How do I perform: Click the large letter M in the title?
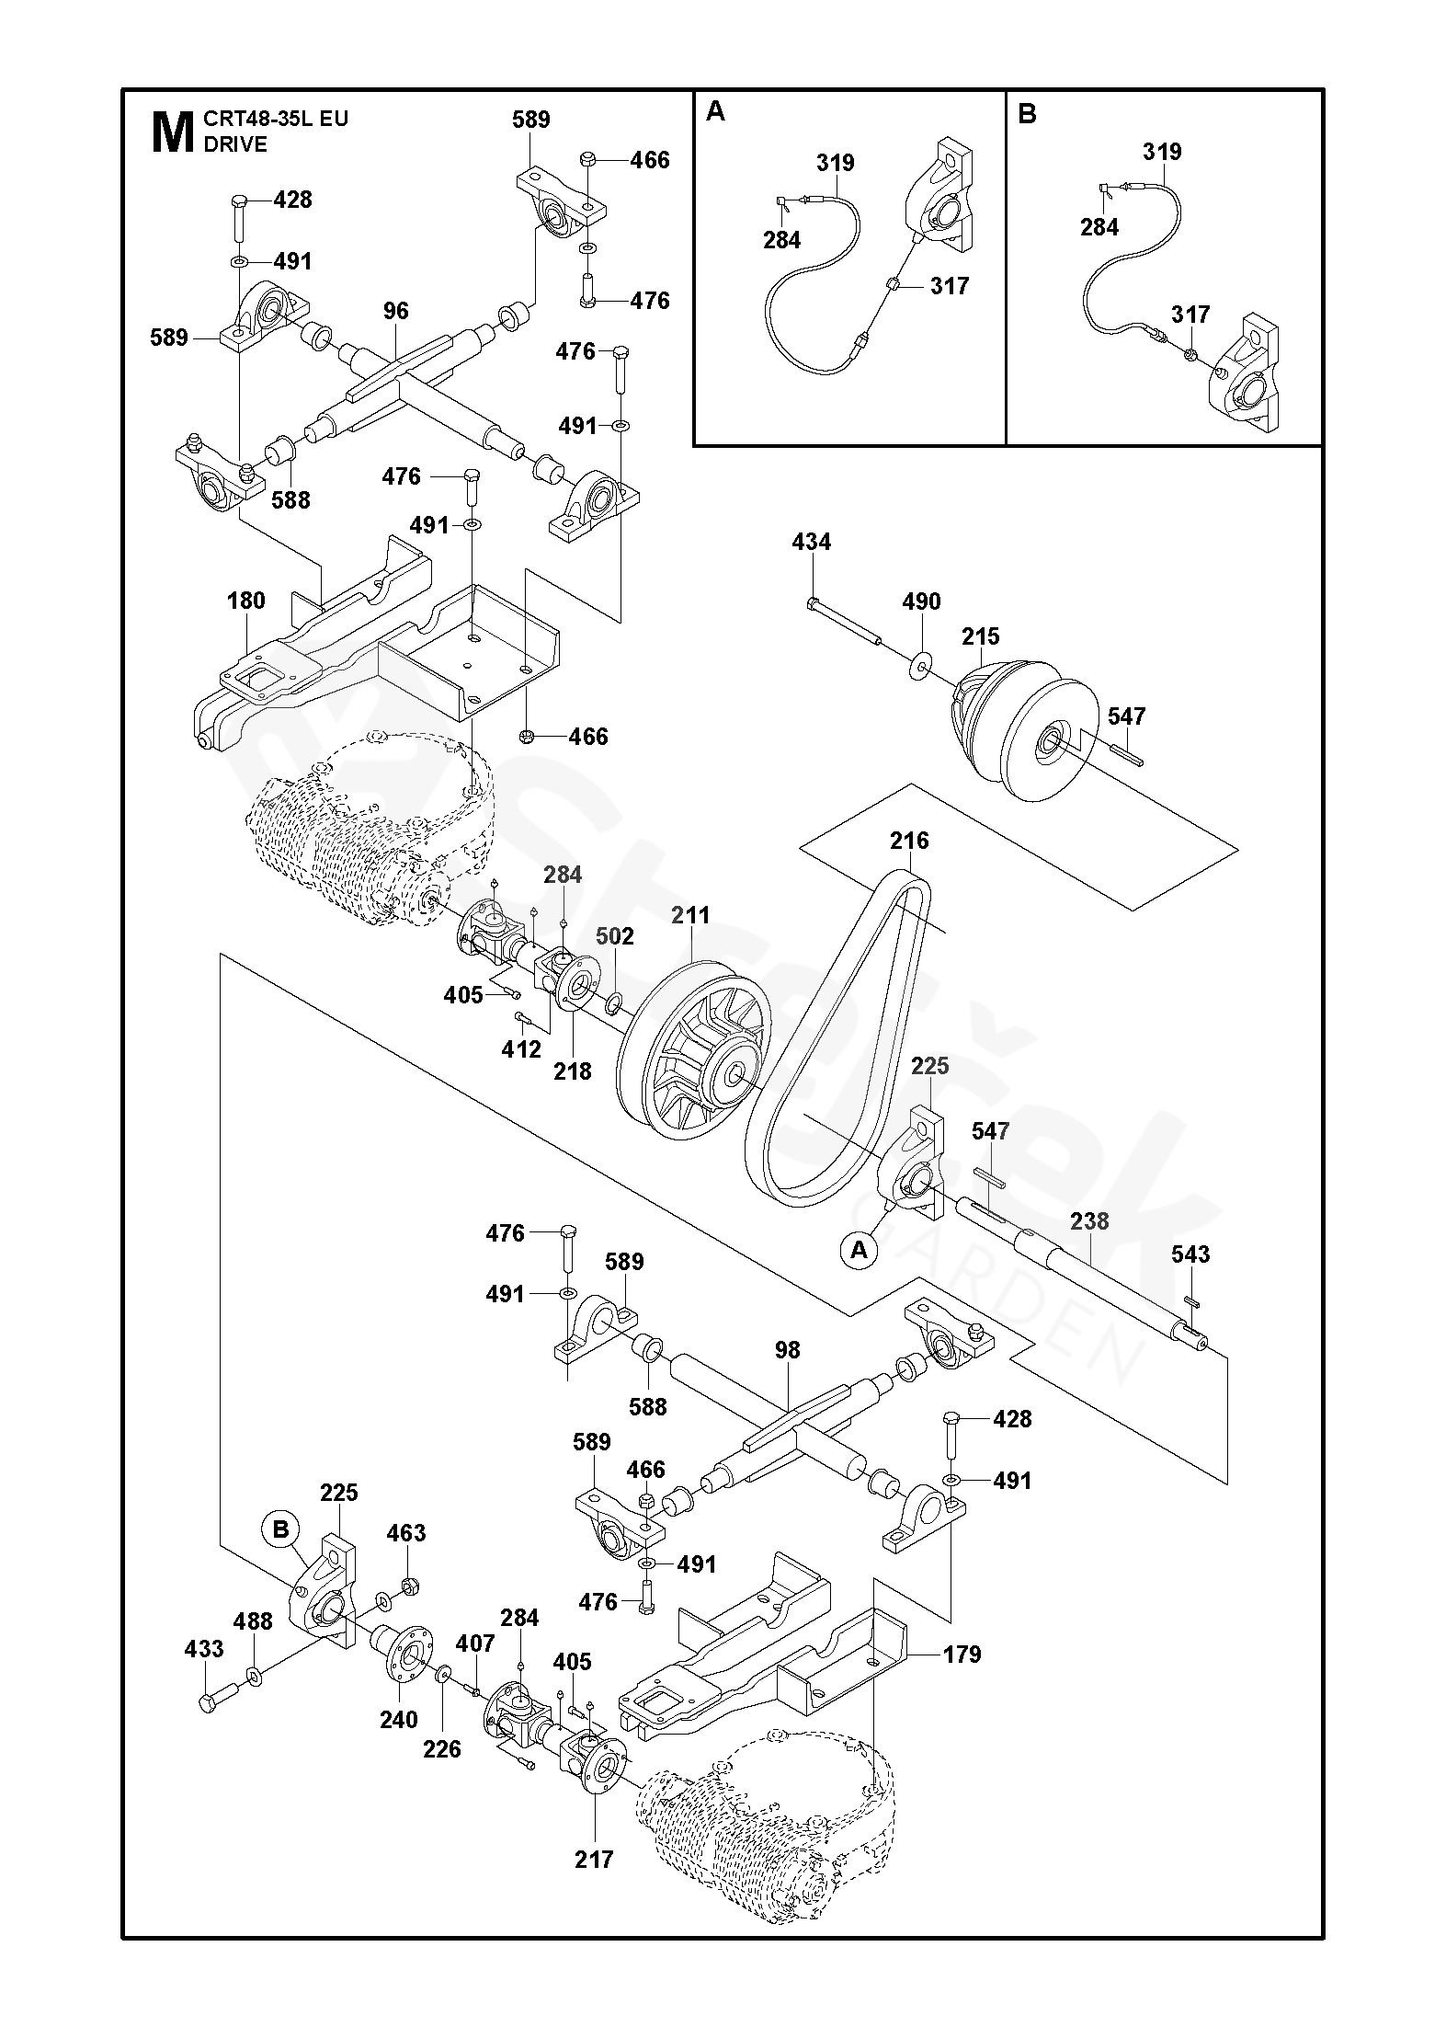[x=171, y=132]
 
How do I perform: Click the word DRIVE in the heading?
[x=236, y=144]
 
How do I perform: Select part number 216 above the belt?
[x=908, y=841]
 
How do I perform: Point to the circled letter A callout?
[x=860, y=1250]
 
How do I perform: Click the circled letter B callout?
[x=281, y=1529]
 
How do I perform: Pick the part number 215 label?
[x=980, y=636]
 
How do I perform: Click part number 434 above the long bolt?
[x=811, y=543]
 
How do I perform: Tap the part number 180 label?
[x=245, y=601]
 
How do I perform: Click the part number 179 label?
[x=962, y=1655]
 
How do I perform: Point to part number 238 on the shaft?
[x=1089, y=1221]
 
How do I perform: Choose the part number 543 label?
[x=1190, y=1254]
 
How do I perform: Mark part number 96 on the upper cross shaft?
[x=395, y=311]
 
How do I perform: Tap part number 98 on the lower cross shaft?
[x=787, y=1350]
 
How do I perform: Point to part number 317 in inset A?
[x=949, y=286]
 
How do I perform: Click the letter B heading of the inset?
[x=1027, y=113]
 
